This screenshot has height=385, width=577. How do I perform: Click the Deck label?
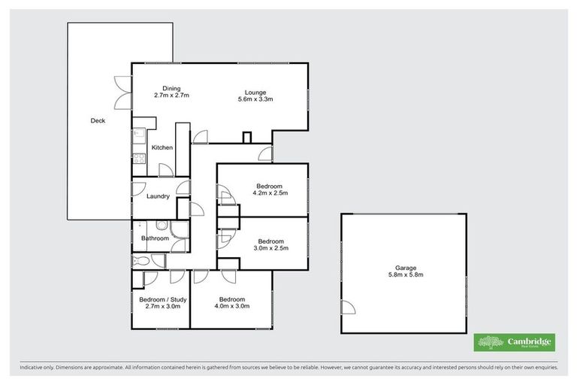[98, 120]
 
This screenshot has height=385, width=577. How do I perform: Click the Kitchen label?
[162, 147]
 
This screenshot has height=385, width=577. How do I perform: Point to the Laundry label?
[158, 196]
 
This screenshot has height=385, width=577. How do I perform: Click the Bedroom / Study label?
[163, 302]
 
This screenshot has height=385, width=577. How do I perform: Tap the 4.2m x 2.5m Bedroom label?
[269, 189]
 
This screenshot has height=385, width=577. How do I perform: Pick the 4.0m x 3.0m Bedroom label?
[232, 302]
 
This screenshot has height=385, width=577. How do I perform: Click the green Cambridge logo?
[515, 342]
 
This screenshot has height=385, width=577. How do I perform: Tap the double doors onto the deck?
[122, 90]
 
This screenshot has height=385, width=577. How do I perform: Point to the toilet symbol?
[140, 261]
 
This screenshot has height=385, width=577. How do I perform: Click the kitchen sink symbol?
[138, 136]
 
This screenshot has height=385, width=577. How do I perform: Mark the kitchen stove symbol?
[138, 158]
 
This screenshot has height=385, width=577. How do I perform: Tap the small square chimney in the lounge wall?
[246, 138]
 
